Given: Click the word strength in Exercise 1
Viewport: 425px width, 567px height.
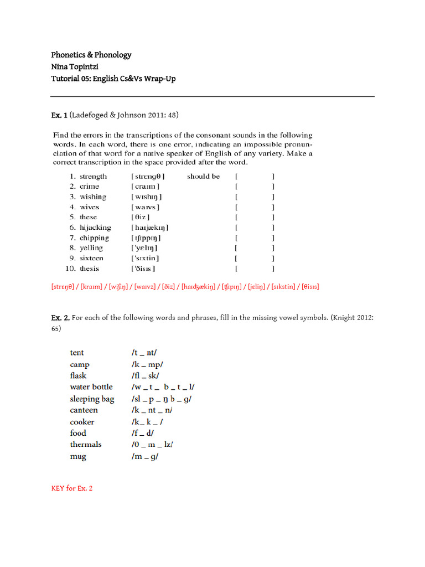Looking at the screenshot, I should [93, 176].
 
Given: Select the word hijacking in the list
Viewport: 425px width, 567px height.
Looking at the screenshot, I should [95, 228].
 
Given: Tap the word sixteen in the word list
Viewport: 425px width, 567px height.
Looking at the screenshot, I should [91, 258].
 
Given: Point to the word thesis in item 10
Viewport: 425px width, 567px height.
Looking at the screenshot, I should [89, 269].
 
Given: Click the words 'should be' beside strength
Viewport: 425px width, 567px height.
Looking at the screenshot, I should [203, 176].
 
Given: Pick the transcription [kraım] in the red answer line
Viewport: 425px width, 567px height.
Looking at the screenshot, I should [94, 287].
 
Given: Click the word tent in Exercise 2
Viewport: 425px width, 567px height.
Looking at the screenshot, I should [77, 353].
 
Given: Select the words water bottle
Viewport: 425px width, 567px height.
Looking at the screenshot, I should [91, 387].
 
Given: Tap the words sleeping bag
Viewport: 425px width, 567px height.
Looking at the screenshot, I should [92, 399].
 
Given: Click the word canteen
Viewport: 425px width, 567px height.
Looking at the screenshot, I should [84, 410].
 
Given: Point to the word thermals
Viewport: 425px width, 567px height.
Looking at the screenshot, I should [86, 445].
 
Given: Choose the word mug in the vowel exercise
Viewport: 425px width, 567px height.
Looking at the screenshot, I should [78, 457].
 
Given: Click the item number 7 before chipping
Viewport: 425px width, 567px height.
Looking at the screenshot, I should [72, 238].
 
